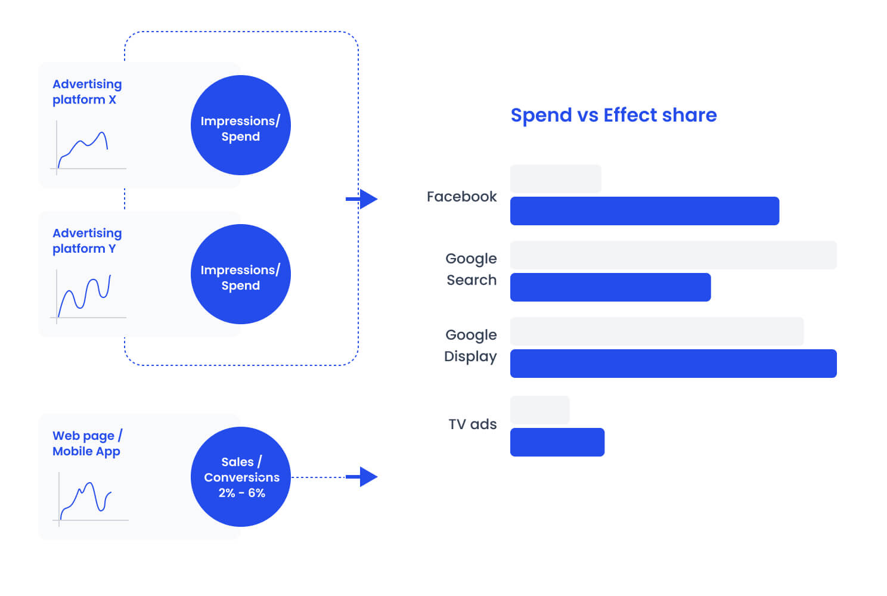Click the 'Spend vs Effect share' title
coord(613,115)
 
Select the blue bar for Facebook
coord(644,211)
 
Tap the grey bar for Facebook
coord(556,179)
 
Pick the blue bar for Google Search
coord(610,287)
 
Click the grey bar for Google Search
coord(673,255)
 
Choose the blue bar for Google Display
coord(673,364)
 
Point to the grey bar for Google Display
coord(656,331)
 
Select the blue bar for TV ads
coord(557,442)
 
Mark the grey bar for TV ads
coord(539,410)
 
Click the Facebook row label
coord(461,197)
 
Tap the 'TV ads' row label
coord(472,424)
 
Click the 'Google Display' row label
coord(470,345)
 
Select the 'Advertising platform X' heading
coord(87,92)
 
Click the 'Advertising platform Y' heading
coord(87,241)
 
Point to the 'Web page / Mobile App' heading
coord(88,443)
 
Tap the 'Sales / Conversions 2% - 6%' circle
coord(241,477)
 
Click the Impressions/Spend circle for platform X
coord(241,125)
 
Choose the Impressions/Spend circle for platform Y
coord(241,274)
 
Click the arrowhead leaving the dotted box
coord(368,199)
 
